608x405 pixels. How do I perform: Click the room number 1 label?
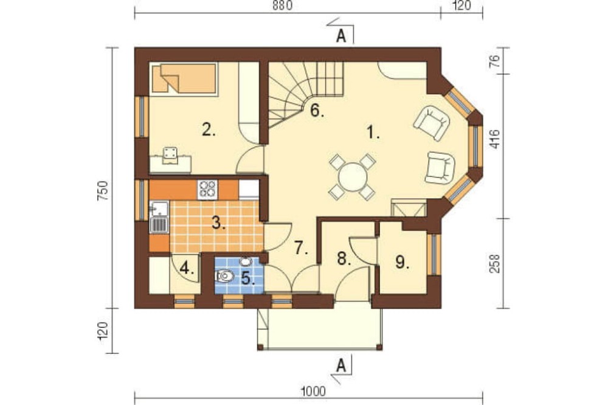tap(373, 133)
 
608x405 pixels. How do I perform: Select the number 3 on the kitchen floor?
tap(219, 223)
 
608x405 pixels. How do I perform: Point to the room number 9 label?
tap(402, 262)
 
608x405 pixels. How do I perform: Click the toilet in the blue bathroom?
tap(224, 276)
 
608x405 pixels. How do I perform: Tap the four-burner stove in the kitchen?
tap(207, 190)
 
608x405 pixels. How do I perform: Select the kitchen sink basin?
tap(159, 209)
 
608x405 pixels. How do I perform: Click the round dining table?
tap(352, 176)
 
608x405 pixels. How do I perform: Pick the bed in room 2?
tap(184, 79)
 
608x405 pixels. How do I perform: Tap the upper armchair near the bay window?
tap(431, 122)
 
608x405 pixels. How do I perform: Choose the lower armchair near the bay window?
tap(440, 168)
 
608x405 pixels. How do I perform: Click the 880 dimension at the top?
tap(282, 6)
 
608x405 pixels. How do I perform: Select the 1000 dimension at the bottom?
tap(313, 392)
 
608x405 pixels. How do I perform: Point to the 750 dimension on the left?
tap(102, 190)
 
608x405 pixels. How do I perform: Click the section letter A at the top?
tap(341, 36)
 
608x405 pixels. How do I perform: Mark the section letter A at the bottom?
tap(341, 365)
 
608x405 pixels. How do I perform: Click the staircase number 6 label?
tap(317, 111)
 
